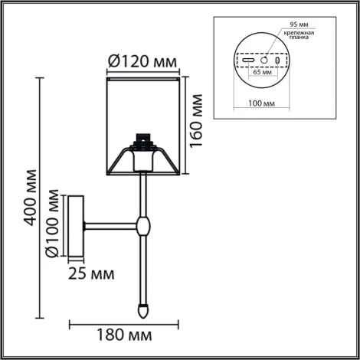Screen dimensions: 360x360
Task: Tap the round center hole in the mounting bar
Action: (263, 58)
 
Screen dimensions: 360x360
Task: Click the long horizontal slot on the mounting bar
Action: (247, 58)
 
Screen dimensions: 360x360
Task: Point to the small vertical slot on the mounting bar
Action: (277, 58)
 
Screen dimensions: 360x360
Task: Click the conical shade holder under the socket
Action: (142, 162)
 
